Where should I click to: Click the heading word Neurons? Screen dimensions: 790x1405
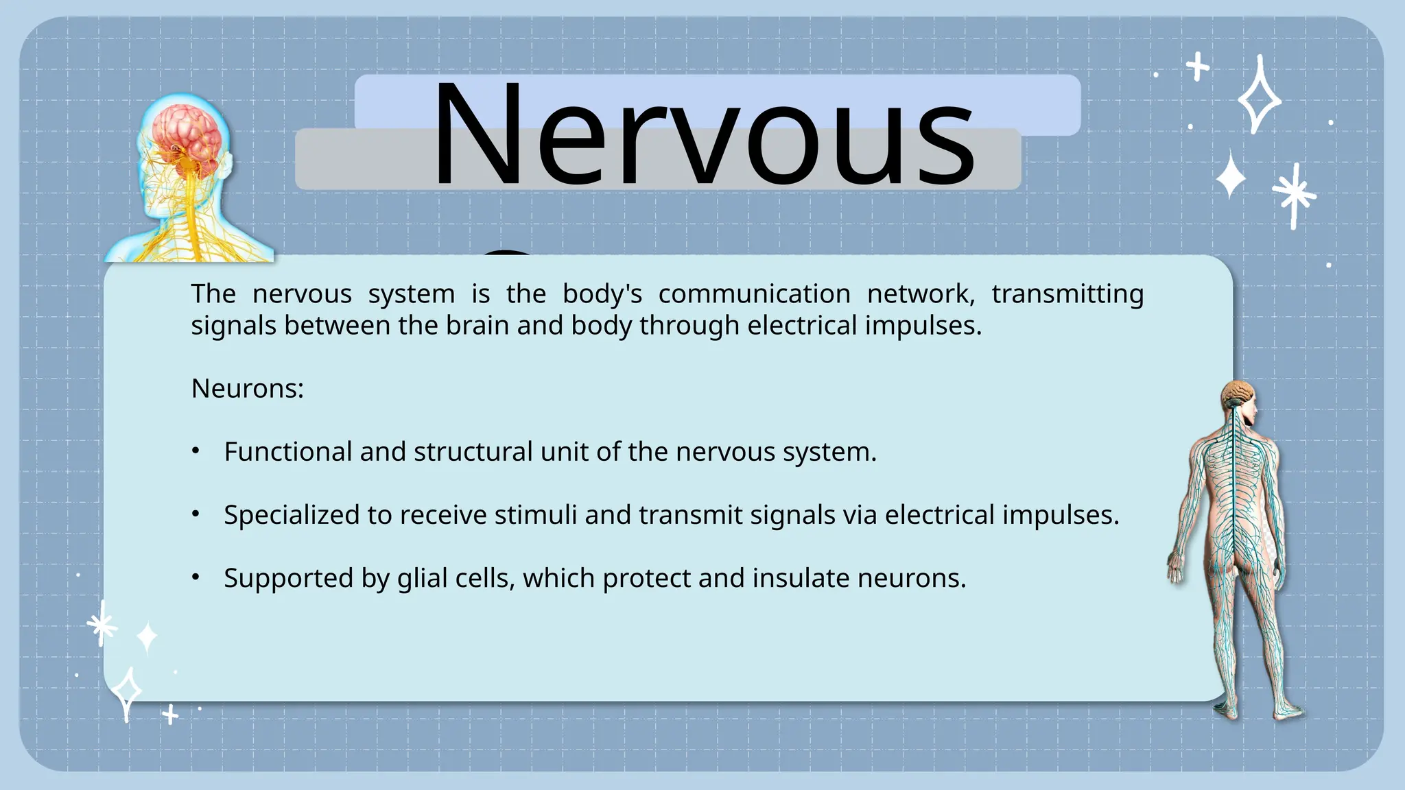(247, 389)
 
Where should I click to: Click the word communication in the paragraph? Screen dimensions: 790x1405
(754, 294)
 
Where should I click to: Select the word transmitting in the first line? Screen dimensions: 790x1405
(1067, 294)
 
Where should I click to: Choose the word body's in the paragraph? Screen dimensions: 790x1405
(602, 294)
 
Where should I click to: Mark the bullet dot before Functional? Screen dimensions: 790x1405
(196, 451)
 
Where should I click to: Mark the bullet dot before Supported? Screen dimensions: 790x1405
(196, 577)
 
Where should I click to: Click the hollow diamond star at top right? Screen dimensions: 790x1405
(1259, 96)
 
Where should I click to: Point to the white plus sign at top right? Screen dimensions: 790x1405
(1198, 67)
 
